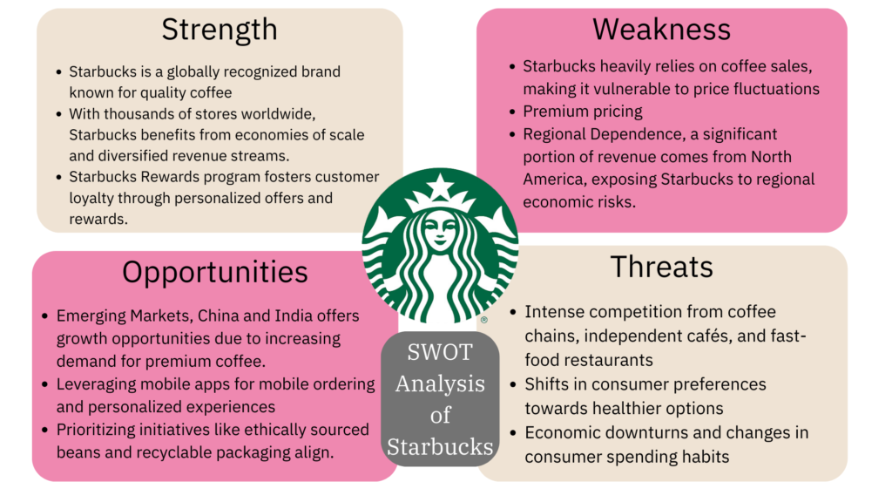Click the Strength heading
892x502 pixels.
tap(220, 30)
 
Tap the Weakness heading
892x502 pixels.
tap(662, 30)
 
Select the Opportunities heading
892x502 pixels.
tap(214, 272)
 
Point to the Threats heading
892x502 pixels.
tap(662, 267)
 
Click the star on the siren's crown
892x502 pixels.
tap(440, 186)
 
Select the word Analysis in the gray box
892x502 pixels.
tap(440, 384)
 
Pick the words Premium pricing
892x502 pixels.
tap(583, 112)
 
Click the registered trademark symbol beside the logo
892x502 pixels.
tap(483, 321)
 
